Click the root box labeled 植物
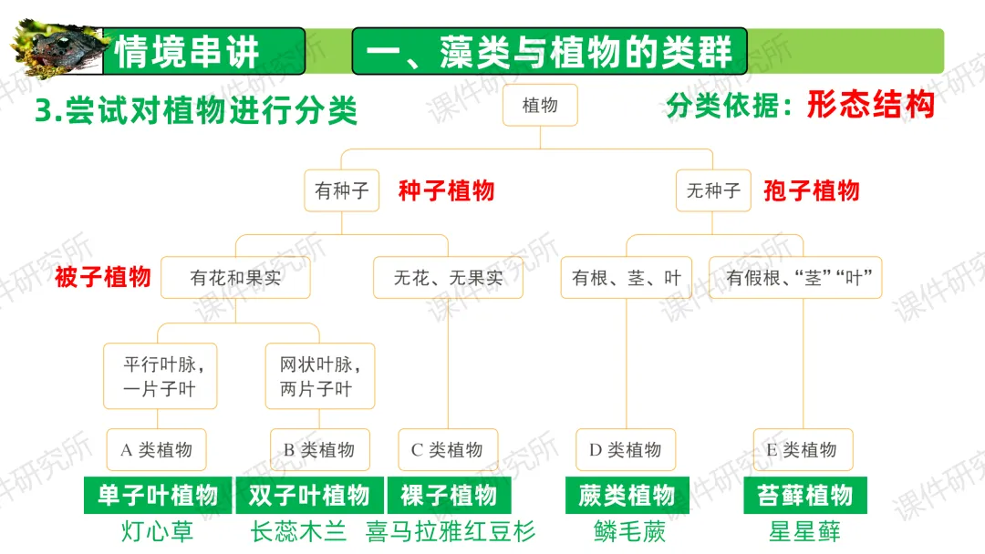point(541,105)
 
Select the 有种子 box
point(341,191)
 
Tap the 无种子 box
point(713,191)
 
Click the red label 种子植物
point(446,190)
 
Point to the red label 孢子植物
point(811,190)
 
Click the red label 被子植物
point(102,277)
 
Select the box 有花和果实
point(235,278)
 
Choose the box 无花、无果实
point(448,278)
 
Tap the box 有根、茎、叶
point(627,278)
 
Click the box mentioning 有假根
point(794,278)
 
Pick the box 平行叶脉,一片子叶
point(160,376)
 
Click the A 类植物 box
point(156,449)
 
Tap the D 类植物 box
point(626,449)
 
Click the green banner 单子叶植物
point(158,496)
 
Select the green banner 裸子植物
point(449,496)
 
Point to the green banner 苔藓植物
point(804,496)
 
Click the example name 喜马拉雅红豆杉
point(451,531)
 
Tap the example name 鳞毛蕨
point(628,531)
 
